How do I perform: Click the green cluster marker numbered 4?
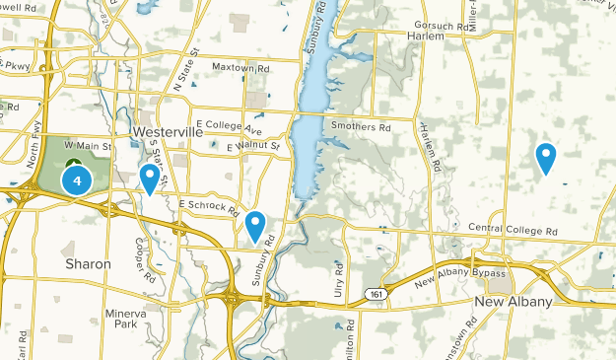coord(76,180)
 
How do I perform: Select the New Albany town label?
coord(513,301)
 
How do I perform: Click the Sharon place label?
coord(89,264)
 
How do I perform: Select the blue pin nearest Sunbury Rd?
coord(256,226)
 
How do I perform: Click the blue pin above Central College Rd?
coord(545,157)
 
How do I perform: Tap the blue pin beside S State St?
coord(150,179)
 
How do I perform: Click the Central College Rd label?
coord(513,230)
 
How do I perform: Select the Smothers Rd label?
coord(361,127)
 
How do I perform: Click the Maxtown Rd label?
coord(241,67)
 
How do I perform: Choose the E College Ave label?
coord(229,127)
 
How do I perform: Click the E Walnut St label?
coord(253,148)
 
